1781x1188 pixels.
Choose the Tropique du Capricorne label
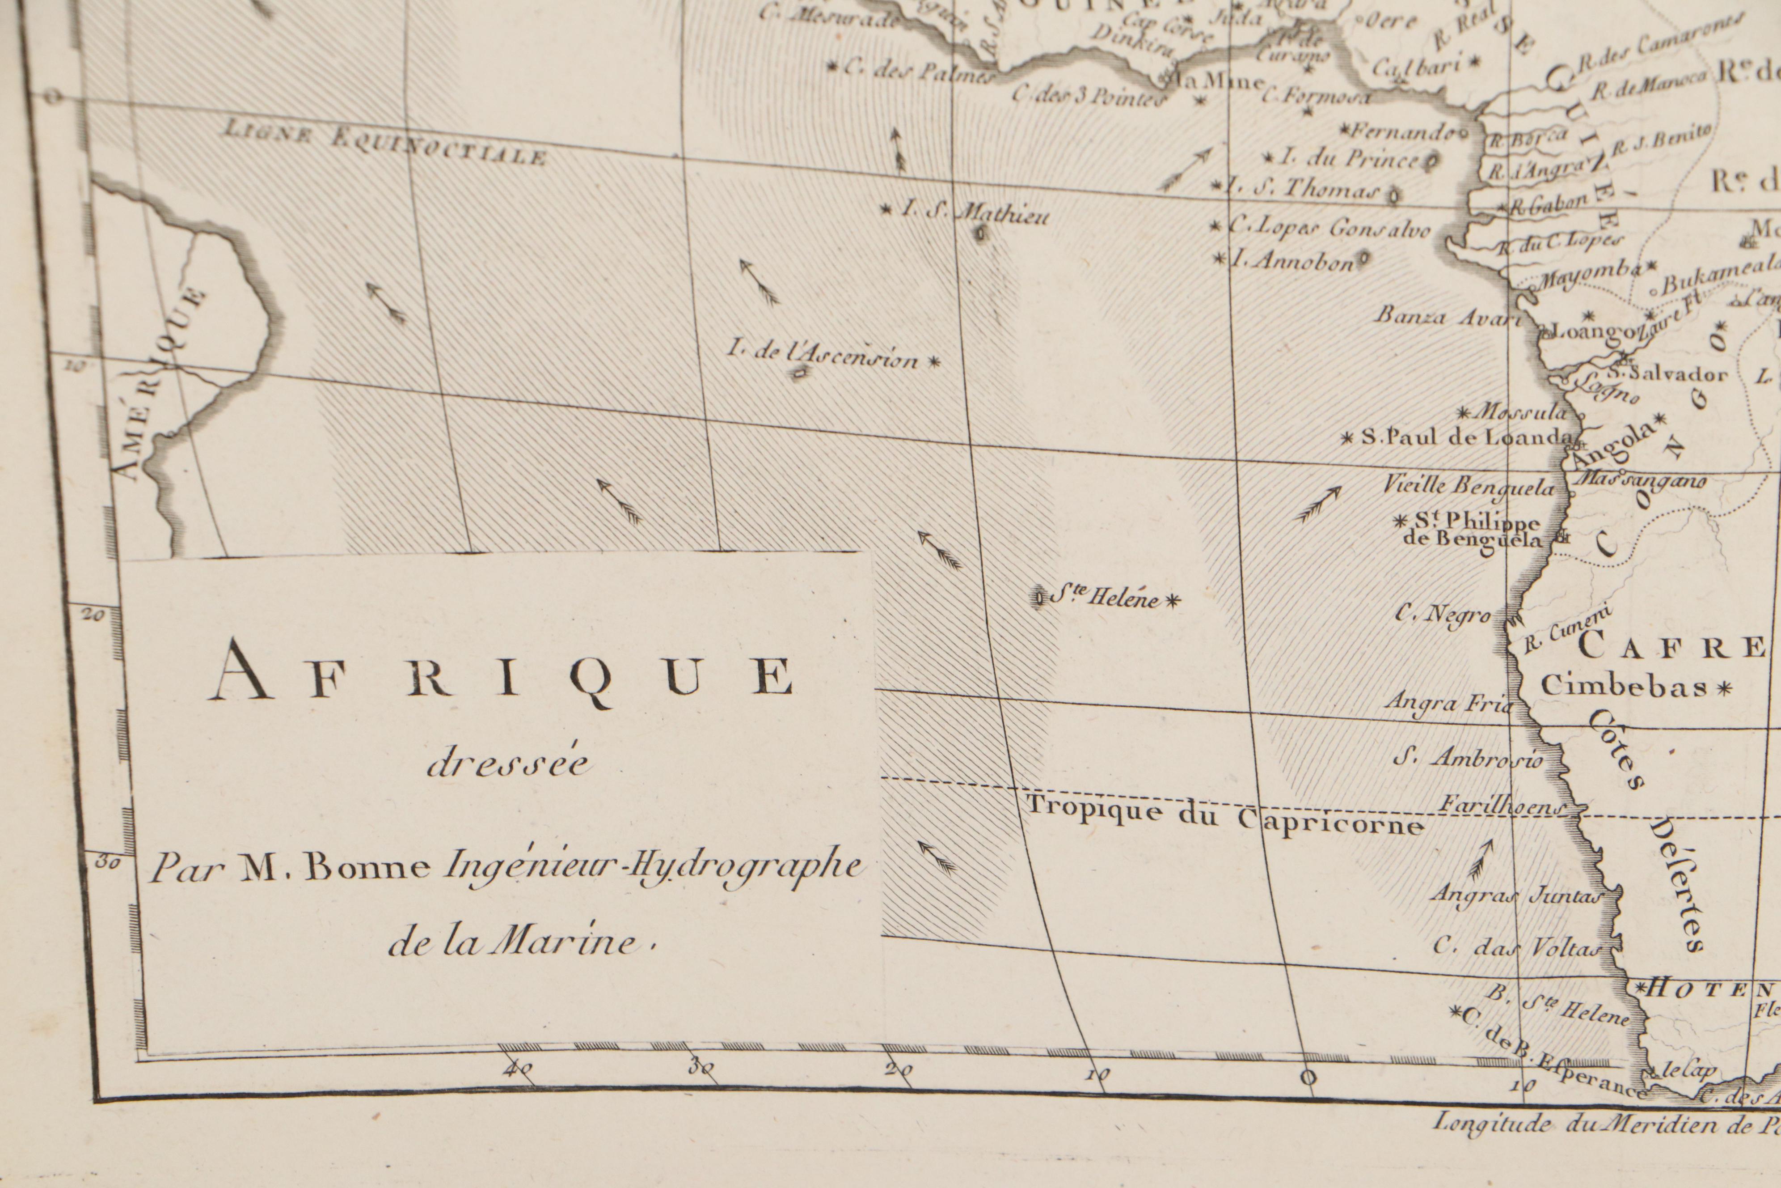(1224, 815)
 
